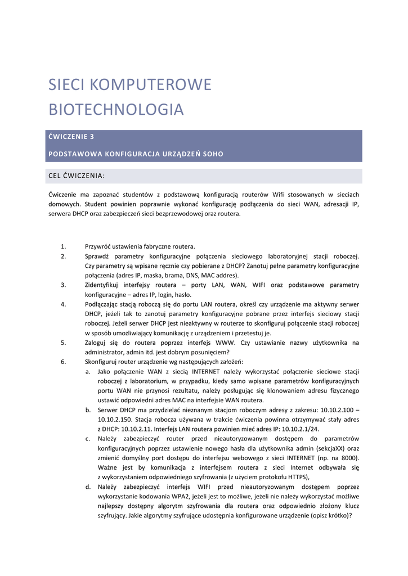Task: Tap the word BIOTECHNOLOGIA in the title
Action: click(x=116, y=109)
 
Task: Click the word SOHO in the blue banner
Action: click(x=213, y=154)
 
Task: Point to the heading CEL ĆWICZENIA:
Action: click(x=77, y=176)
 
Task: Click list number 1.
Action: click(x=63, y=246)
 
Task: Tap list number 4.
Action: click(x=63, y=304)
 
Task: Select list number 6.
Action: click(x=63, y=362)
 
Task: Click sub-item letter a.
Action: click(x=88, y=371)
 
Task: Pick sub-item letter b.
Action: click(x=88, y=409)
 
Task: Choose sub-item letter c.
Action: click(x=88, y=438)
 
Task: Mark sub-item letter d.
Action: click(x=88, y=487)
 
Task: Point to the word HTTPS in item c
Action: click(x=297, y=476)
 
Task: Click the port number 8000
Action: click(x=347, y=457)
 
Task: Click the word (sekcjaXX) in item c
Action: click(x=330, y=448)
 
